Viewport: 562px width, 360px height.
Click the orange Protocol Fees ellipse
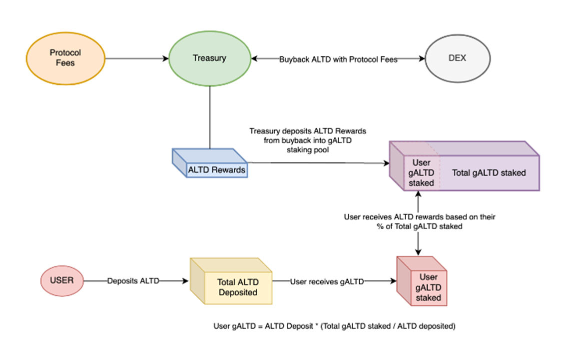pos(65,58)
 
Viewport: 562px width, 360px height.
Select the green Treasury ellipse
pos(210,58)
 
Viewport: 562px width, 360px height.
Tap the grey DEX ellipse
pos(457,58)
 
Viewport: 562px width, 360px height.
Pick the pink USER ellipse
pos(62,281)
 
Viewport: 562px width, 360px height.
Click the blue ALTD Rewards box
pos(210,163)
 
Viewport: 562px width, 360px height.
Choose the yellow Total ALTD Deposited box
pos(231,281)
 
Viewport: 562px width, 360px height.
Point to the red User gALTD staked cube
pos(422,281)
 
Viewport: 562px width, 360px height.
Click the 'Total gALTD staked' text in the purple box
pos(489,173)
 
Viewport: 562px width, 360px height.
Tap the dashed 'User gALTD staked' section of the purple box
pos(422,173)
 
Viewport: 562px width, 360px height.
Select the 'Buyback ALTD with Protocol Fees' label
pos(338,59)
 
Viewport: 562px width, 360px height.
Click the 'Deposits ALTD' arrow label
pos(133,281)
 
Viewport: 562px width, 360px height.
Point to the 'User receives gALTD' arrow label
pos(327,282)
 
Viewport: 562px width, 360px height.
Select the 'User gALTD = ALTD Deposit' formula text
pos(334,326)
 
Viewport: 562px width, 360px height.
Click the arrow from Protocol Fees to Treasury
pos(137,58)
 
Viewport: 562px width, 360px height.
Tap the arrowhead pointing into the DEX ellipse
pos(422,58)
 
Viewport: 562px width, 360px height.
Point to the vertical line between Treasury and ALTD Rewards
pos(210,117)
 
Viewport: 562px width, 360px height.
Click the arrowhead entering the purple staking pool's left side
pos(387,163)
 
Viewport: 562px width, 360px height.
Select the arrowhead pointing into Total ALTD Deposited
pos(186,281)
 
